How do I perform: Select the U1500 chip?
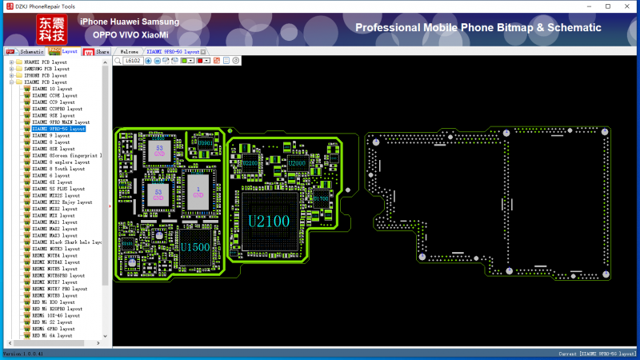194,246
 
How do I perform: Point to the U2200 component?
250,163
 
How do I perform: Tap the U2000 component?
297,163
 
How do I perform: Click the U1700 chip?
320,198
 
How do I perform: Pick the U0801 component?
206,144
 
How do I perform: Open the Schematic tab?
27,51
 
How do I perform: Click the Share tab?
98,51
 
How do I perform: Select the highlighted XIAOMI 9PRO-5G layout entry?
58,129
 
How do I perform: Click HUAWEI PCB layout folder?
46,62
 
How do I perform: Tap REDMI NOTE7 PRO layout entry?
59,288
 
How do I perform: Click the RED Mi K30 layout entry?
54,302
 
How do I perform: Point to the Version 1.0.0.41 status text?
24,353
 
